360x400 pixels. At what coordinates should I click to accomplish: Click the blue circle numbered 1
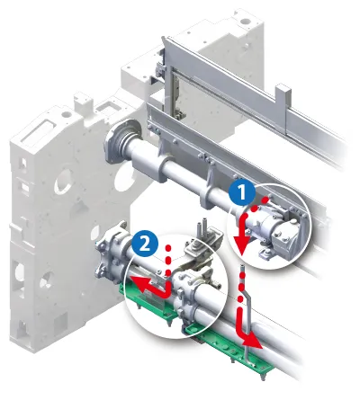(x=241, y=192)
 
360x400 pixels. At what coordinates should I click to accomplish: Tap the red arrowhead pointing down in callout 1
(x=243, y=242)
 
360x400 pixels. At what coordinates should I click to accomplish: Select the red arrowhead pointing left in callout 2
(x=138, y=282)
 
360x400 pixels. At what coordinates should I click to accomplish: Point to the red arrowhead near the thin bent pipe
(x=253, y=342)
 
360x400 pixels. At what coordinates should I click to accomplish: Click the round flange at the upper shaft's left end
(x=122, y=141)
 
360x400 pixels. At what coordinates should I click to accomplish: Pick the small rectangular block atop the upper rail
(x=283, y=95)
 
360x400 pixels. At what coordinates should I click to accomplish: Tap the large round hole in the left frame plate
(x=64, y=181)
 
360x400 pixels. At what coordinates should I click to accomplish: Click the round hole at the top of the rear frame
(x=246, y=22)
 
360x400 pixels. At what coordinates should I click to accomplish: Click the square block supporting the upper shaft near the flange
(x=148, y=166)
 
